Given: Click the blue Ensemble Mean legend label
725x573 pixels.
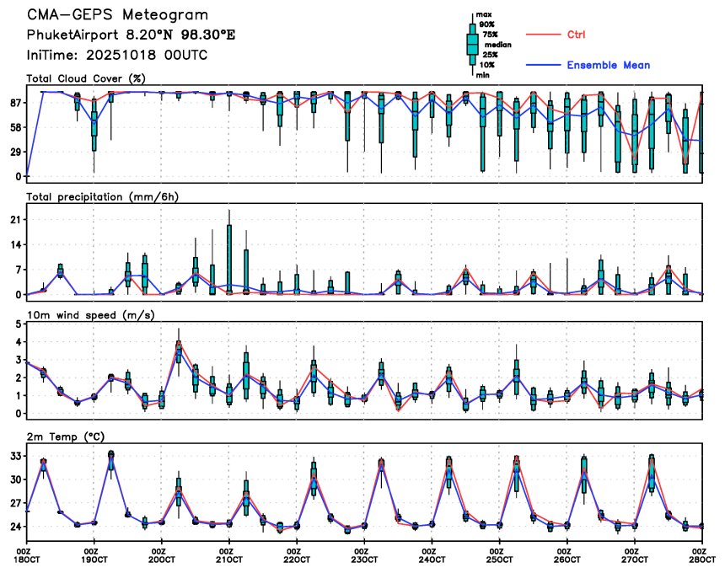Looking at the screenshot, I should click(x=608, y=65).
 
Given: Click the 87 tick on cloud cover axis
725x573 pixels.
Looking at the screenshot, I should click(x=15, y=103).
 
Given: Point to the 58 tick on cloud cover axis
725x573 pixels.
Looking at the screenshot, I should click(x=15, y=127).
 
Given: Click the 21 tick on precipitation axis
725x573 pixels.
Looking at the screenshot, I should click(x=16, y=219).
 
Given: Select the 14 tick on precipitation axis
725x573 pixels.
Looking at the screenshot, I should click(x=16, y=244).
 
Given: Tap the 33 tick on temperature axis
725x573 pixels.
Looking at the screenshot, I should click(x=15, y=456).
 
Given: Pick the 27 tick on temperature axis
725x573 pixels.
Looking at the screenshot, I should click(x=15, y=504).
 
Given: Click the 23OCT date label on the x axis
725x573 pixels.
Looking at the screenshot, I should click(x=363, y=560).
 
